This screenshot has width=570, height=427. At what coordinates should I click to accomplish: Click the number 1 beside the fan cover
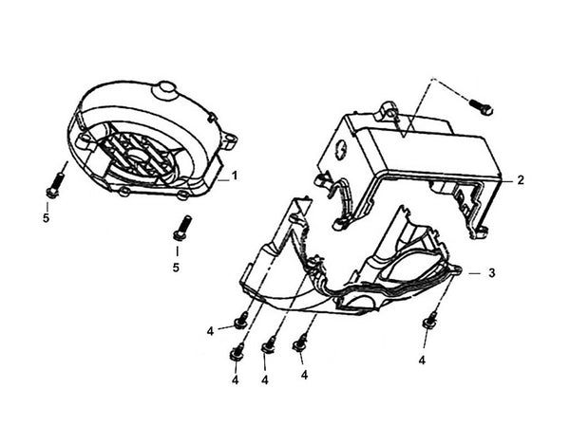click(x=235, y=176)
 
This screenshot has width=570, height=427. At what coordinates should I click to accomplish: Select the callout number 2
click(x=521, y=178)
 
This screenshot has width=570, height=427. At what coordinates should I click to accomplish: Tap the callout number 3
click(x=492, y=272)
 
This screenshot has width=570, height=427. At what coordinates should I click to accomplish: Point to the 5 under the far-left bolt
click(x=47, y=216)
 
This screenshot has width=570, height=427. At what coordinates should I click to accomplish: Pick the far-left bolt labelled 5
click(x=53, y=183)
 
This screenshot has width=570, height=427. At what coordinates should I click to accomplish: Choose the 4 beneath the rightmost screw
click(x=422, y=361)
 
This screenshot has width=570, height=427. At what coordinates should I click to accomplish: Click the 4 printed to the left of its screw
click(x=210, y=330)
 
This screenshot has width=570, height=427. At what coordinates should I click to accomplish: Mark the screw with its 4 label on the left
click(x=241, y=320)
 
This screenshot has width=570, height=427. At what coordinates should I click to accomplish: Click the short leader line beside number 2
click(x=504, y=178)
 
